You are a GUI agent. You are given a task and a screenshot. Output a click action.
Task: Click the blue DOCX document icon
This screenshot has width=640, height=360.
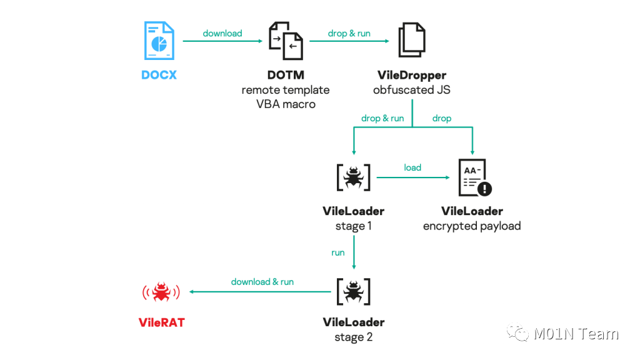point(159,41)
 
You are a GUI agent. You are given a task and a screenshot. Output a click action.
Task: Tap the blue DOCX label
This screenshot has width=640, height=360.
point(159,75)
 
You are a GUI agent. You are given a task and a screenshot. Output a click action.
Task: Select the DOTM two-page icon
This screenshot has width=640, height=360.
point(286,41)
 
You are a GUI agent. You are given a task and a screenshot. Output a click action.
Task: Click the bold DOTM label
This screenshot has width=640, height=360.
point(286,75)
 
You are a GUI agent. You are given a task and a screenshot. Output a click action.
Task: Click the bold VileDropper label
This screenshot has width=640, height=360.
point(412,75)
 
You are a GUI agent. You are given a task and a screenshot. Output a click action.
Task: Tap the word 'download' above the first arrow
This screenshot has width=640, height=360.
point(222,33)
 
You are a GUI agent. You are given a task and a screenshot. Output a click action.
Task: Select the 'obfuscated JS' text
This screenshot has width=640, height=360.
point(412,90)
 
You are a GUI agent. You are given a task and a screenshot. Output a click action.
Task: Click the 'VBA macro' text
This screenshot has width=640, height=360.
point(286,104)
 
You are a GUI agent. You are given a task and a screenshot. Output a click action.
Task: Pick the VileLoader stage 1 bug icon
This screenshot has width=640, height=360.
point(354,177)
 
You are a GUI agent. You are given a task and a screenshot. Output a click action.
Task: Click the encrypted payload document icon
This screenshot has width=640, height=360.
point(474,178)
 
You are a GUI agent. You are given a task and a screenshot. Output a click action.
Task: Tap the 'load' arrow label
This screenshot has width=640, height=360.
point(412,167)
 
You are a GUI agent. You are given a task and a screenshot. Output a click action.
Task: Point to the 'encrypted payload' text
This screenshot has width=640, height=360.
point(472,226)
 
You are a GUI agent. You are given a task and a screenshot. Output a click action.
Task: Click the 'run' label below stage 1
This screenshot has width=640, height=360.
point(338,252)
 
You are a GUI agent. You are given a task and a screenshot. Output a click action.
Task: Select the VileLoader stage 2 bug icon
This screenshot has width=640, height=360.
point(354,291)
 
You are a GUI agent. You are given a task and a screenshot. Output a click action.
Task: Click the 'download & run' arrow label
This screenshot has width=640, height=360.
point(262,281)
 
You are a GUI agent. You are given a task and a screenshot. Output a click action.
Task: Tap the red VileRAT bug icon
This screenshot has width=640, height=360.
point(161,291)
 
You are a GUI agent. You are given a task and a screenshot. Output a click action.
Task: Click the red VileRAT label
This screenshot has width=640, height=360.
point(161,322)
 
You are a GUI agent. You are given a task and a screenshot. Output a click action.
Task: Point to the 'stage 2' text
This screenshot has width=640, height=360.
point(354,337)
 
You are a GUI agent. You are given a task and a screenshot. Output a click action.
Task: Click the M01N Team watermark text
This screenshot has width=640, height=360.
point(576,334)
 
